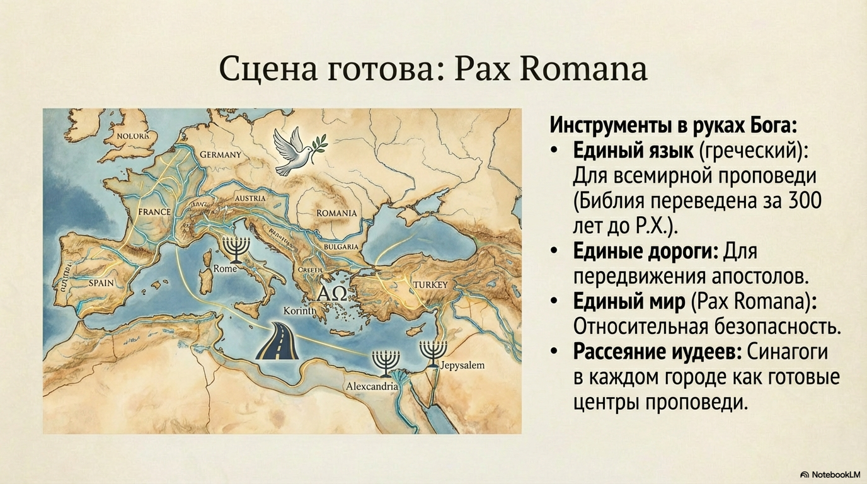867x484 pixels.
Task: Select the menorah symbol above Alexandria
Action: point(382,362)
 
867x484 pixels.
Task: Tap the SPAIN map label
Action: point(101,283)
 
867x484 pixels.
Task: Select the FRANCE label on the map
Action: point(154,212)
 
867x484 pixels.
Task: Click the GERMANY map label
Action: point(221,154)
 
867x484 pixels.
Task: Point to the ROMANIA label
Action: point(336,213)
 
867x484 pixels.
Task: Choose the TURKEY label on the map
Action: point(430,285)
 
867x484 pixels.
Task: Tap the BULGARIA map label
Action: point(340,247)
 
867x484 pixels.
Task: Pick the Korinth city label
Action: point(299,311)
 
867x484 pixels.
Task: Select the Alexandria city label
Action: point(372,386)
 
